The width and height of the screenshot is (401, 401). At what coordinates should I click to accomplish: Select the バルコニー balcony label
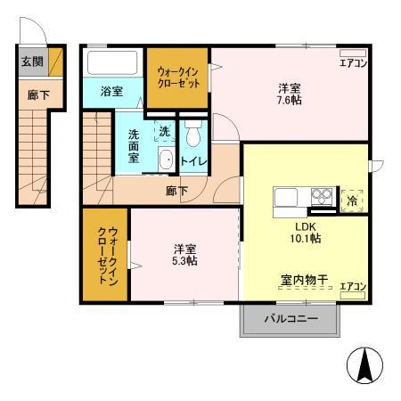pos(291,318)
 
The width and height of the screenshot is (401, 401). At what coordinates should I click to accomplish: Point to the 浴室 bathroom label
pos(111,91)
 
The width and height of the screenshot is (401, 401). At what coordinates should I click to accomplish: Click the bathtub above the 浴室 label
pos(111,63)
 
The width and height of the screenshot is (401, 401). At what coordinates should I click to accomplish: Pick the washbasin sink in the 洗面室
pos(165,161)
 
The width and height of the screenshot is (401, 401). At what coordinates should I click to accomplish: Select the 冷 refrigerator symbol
pos(353,200)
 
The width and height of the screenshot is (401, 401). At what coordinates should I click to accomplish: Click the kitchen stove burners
pos(321,197)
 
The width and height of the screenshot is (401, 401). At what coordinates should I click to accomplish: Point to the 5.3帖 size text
pos(184,261)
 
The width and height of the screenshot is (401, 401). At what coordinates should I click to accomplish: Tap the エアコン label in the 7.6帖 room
pos(353,62)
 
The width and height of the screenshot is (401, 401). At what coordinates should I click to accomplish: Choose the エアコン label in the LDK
pos(354,286)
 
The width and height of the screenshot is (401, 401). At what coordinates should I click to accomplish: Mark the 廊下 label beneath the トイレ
pos(176,190)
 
